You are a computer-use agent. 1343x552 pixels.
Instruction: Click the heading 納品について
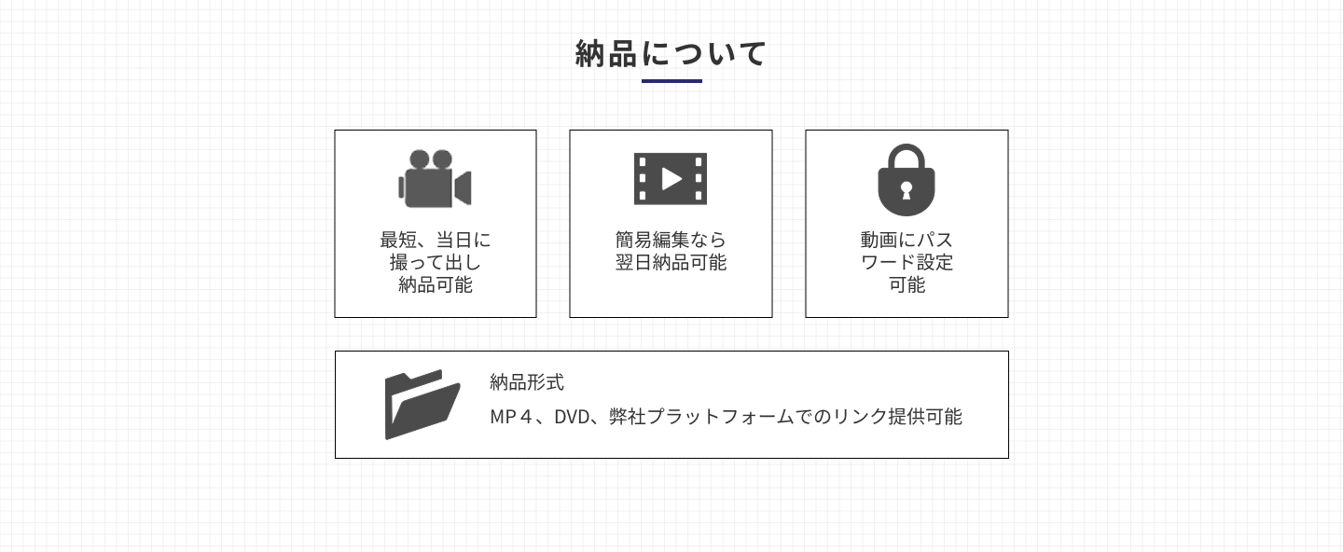click(671, 53)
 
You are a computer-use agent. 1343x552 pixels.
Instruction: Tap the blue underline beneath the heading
click(671, 80)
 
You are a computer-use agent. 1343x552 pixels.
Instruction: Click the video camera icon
click(436, 179)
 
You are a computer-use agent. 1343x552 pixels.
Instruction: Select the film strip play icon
click(671, 179)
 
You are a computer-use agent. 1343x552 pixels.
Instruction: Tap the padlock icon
click(906, 180)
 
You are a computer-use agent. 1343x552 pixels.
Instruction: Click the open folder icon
click(422, 405)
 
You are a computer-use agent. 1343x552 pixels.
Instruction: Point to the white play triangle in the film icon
click(671, 179)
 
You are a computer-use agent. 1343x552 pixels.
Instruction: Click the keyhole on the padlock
click(906, 190)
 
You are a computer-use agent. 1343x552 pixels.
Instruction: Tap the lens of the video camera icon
click(463, 188)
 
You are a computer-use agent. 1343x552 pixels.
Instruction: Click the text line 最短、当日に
click(436, 240)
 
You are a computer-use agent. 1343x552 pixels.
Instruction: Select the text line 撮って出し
click(436, 262)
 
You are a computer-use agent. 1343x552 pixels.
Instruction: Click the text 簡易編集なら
click(671, 240)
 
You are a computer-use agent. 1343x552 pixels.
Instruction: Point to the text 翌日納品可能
click(671, 262)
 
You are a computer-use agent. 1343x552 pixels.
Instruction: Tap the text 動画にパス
click(907, 240)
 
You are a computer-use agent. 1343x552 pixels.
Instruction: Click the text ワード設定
click(907, 262)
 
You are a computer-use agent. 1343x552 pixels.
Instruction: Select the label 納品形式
click(527, 381)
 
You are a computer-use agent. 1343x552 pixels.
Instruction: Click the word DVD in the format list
click(572, 417)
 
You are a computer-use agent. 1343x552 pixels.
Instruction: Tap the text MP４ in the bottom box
click(511, 417)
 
